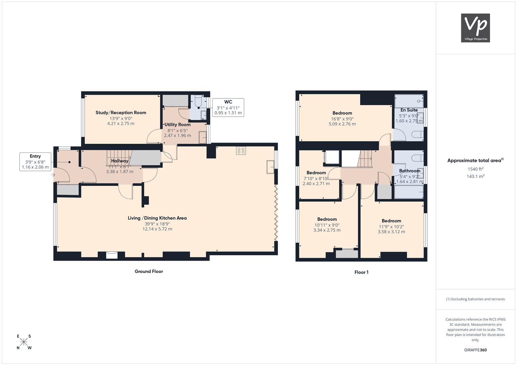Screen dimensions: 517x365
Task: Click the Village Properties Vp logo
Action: pos(475,28)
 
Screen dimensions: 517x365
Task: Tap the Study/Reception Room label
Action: pos(121,113)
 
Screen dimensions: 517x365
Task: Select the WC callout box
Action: pos(228,107)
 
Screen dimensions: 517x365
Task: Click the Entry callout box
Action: pos(35,162)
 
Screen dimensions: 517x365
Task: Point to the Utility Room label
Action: pos(177,125)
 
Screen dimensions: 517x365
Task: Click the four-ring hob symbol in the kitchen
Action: pos(241,151)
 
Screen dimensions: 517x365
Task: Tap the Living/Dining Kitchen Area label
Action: pos(157,218)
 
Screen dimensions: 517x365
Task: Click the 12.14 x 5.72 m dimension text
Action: pos(157,229)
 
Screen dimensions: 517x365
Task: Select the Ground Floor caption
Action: pos(149,271)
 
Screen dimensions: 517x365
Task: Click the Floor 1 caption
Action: pos(362,272)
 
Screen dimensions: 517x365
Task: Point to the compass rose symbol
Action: pos(24,342)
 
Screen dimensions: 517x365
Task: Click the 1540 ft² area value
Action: pos(475,169)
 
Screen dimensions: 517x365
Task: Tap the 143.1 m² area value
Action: pos(475,176)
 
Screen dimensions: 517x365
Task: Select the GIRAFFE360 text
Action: pos(475,350)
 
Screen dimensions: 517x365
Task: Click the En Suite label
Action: pos(409,110)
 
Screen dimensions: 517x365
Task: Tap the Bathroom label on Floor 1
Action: pos(410,171)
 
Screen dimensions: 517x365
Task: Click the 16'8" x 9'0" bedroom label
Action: pos(342,119)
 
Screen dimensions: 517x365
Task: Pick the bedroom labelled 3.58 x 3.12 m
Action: pos(391,221)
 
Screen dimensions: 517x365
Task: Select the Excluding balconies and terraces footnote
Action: pos(475,299)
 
